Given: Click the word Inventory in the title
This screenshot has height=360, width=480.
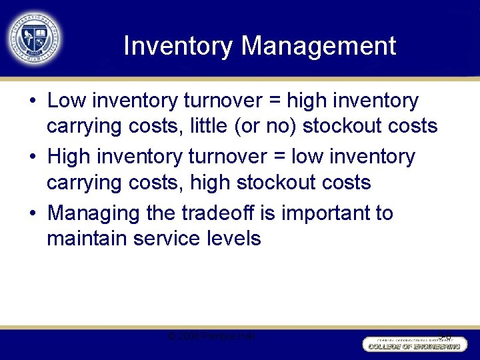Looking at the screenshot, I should (178, 46).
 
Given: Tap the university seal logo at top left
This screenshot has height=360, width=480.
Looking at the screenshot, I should (35, 37).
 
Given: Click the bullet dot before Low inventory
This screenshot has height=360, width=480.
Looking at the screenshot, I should (33, 102).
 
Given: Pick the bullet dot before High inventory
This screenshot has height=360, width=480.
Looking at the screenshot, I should (33, 158).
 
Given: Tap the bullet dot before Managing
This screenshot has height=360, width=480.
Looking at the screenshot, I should (33, 214).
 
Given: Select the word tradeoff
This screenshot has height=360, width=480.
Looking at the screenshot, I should (213, 214).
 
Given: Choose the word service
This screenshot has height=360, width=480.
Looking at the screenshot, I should (164, 238).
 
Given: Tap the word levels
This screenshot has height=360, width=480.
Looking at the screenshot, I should (233, 238).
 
